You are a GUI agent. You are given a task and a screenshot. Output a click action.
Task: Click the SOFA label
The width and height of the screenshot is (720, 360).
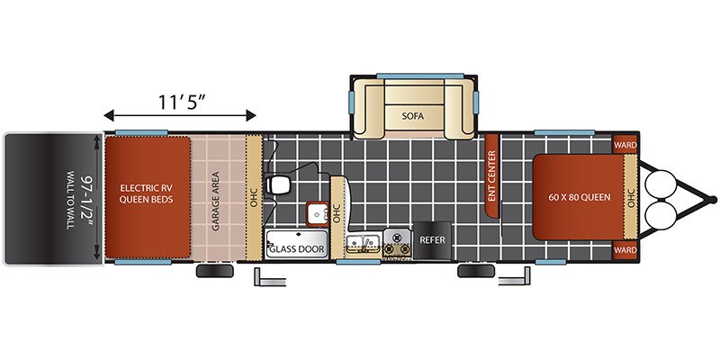(x=413, y=116)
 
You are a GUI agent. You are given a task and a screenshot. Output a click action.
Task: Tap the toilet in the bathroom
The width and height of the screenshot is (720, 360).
(x=278, y=184)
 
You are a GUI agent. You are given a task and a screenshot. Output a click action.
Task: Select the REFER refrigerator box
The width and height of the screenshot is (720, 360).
(x=432, y=240)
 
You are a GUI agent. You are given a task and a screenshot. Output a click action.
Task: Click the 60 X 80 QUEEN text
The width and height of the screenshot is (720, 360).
(x=580, y=197)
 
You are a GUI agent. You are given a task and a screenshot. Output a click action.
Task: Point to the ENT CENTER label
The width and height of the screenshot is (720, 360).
(x=491, y=175)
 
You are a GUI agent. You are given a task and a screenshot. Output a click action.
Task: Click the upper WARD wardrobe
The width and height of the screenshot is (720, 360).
(x=625, y=145)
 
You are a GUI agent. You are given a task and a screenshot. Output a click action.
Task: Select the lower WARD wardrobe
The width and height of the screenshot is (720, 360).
(x=625, y=250)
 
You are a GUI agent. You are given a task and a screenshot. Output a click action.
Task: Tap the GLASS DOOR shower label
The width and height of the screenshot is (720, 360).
(x=297, y=249)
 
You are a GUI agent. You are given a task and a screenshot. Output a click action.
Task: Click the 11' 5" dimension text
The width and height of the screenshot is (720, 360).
(x=181, y=102)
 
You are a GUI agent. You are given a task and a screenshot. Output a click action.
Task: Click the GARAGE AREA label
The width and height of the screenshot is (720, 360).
(x=215, y=201)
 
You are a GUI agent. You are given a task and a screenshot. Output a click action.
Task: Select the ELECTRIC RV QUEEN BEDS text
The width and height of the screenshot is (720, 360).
(x=147, y=193)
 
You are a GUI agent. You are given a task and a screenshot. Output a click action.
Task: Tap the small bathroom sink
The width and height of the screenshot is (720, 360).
(x=318, y=214)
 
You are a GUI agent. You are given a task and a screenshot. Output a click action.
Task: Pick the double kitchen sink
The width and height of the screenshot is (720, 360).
(x=363, y=243)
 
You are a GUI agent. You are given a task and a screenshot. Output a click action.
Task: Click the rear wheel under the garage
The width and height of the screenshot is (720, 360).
(x=215, y=271)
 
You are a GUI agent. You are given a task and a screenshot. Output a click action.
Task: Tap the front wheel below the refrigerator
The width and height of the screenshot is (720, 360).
(x=476, y=271)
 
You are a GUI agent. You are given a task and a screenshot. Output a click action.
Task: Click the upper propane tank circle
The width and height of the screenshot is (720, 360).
(x=661, y=184)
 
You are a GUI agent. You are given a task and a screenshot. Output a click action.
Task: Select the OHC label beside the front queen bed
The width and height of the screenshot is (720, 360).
(x=631, y=197)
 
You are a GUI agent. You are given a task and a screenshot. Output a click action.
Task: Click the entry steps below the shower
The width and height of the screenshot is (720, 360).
(x=270, y=277)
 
